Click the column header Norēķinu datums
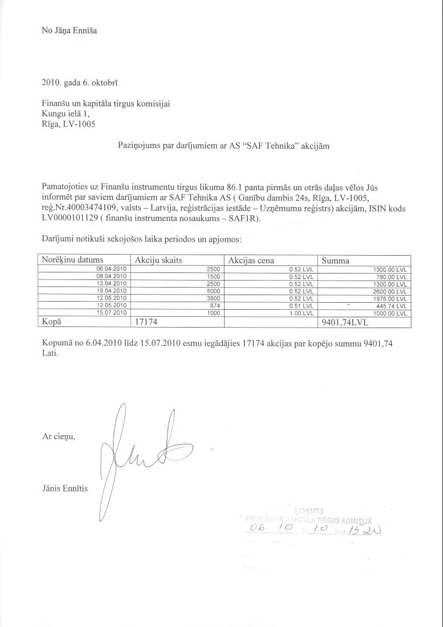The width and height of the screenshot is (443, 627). coord(72,261)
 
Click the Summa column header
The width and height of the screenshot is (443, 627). coord(335,261)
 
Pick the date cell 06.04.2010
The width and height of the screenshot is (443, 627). coord(111,269)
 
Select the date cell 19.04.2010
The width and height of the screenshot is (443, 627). coord(111,291)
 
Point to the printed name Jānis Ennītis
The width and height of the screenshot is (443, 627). coord(64,488)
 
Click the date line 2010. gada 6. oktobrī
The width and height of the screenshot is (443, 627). coord(80,83)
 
